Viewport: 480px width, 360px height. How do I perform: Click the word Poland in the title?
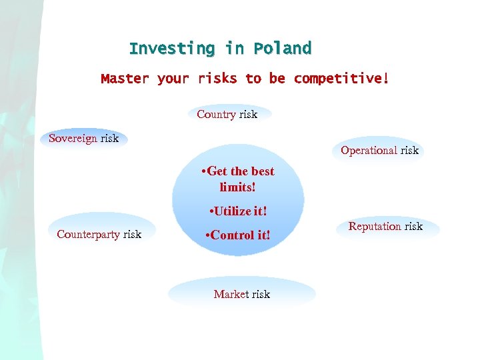(282, 49)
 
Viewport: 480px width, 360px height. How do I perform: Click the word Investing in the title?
(172, 49)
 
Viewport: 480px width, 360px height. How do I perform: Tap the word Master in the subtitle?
(125, 79)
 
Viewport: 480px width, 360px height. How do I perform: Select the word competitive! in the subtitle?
(341, 79)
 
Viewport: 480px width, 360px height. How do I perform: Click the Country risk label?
(227, 114)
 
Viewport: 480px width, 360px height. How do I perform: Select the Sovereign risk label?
(84, 139)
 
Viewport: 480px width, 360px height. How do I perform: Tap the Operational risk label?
(379, 150)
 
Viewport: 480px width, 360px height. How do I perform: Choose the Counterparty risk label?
(99, 234)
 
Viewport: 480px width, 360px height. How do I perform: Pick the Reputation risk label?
(385, 227)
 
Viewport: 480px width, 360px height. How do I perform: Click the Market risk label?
(241, 294)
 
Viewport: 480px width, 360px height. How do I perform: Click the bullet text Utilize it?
(238, 211)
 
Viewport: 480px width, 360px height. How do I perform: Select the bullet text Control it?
(238, 235)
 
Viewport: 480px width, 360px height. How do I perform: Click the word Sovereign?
(73, 139)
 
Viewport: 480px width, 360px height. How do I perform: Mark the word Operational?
(369, 150)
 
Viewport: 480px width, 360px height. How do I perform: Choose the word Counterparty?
(89, 234)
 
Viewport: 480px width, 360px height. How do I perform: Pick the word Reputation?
(375, 227)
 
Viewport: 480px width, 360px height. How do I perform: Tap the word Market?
(231, 294)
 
